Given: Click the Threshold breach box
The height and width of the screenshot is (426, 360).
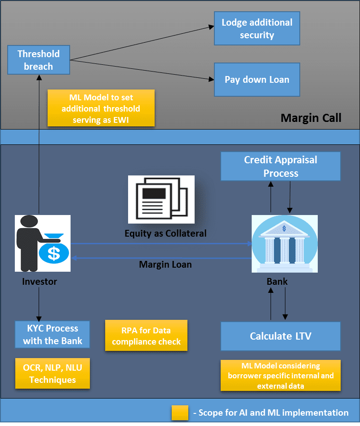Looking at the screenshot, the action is pos(39,60).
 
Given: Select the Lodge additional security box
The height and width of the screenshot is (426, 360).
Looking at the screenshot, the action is pos(257,28).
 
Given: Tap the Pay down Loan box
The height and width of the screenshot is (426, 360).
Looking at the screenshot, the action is pos(257,80).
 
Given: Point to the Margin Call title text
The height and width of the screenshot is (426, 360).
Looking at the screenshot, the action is pos(311,118).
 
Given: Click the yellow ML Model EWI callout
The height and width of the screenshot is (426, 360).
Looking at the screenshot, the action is pos(101,108).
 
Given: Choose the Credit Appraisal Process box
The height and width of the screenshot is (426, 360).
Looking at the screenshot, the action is pos(280,166).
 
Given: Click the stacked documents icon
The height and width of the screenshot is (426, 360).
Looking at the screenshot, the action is pos(161,199).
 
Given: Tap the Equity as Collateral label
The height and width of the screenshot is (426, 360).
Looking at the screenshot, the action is pos(165,233).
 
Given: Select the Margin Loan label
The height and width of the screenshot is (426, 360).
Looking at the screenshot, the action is pos(165,265).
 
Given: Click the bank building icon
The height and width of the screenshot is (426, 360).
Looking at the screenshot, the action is pos(284,244).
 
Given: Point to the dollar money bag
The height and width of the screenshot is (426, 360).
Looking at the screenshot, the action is pos(54,248).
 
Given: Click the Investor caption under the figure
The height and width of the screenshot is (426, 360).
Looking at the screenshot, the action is pos(40,282).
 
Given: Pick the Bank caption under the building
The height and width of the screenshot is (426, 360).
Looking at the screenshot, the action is pos(277,282).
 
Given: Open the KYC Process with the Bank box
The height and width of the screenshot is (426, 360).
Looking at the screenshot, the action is pos(53,334).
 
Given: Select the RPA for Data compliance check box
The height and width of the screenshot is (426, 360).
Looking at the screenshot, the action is pos(146,336).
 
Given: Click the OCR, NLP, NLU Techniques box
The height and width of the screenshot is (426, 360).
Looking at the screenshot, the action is pos(53,373).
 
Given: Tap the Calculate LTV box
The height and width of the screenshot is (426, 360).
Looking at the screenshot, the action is pos(280,336).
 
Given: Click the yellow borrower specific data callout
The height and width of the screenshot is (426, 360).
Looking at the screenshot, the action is pos(280,376).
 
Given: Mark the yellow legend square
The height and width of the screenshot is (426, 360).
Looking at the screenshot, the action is pos(180,413).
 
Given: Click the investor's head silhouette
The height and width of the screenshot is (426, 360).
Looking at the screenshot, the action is pos(29,221).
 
